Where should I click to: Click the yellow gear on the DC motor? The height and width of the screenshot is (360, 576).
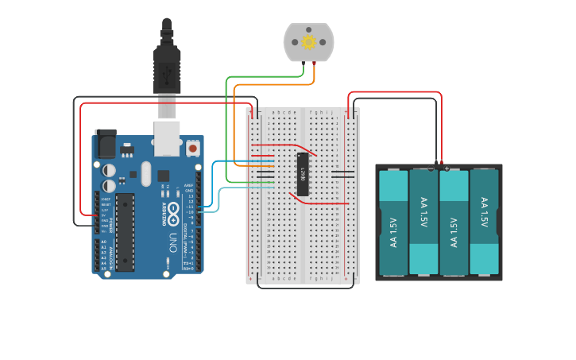308,42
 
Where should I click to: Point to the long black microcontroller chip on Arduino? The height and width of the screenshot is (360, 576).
125,231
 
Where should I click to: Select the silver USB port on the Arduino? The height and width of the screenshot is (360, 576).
167,137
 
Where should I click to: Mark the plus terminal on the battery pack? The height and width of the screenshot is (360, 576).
446,168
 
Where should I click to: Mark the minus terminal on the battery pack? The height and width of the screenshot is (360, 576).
431,168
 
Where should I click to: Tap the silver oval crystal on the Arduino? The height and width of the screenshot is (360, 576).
145,173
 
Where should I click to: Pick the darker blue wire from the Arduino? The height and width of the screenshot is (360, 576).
213,183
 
